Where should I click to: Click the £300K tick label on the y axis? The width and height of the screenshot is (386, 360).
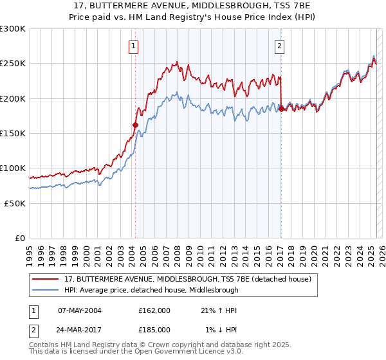[13, 29]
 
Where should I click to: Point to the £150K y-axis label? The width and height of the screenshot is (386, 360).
[13, 133]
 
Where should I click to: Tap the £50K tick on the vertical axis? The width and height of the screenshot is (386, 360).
[15, 203]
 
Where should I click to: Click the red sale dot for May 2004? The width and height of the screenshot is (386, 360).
[135, 125]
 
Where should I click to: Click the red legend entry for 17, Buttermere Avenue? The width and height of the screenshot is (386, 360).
[187, 279]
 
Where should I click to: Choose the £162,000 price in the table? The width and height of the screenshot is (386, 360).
[154, 310]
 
